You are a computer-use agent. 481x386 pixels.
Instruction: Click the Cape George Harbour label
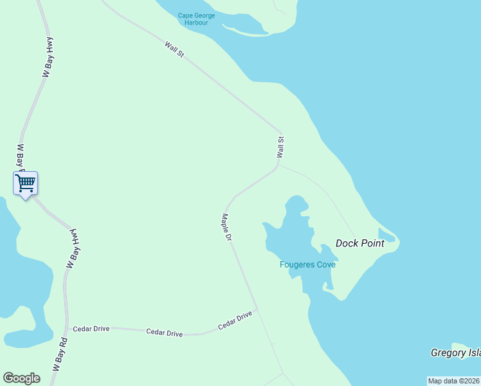pyautogui.click(x=196, y=19)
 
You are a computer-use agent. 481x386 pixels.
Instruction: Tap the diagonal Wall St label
pyautogui.click(x=174, y=50)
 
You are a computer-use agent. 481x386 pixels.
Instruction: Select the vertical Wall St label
pyautogui.click(x=280, y=147)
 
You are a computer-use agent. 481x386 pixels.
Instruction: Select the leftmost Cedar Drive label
pyautogui.click(x=91, y=329)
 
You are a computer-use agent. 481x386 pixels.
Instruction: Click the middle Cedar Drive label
pyautogui.click(x=165, y=333)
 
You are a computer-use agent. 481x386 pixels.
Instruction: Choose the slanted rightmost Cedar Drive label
pyautogui.click(x=235, y=320)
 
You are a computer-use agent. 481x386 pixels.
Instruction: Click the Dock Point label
pyautogui.click(x=360, y=243)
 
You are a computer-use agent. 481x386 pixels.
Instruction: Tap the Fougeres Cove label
pyautogui.click(x=307, y=264)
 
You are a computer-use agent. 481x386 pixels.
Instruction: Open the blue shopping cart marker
pyautogui.click(x=26, y=183)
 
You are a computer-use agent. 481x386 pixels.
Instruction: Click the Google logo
pyautogui.click(x=21, y=378)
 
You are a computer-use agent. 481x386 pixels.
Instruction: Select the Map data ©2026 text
pyautogui.click(x=454, y=381)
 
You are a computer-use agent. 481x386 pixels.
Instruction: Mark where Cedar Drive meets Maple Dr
pyautogui.click(x=257, y=309)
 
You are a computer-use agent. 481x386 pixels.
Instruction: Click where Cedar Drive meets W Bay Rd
pyautogui.click(x=66, y=327)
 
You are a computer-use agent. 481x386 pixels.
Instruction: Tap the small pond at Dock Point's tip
pyautogui.click(x=386, y=235)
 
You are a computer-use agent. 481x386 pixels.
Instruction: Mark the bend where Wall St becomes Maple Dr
pyautogui.click(x=276, y=169)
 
